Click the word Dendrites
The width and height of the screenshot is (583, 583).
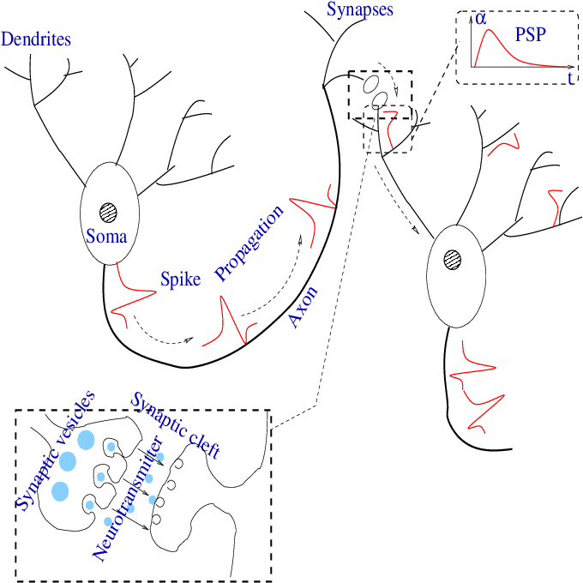pyautogui.click(x=36, y=39)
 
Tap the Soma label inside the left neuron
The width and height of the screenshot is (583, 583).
pyautogui.click(x=106, y=236)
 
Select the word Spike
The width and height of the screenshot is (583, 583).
pyautogui.click(x=180, y=279)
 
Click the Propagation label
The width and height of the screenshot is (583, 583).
pyautogui.click(x=249, y=243)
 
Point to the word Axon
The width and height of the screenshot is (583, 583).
pyautogui.click(x=304, y=308)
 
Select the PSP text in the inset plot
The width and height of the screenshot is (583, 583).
pyautogui.click(x=532, y=36)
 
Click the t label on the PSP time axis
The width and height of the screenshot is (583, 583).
pyautogui.click(x=570, y=78)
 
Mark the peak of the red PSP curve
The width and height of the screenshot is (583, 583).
pyautogui.click(x=490, y=32)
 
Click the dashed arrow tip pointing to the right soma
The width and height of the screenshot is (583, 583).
pyautogui.click(x=419, y=232)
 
